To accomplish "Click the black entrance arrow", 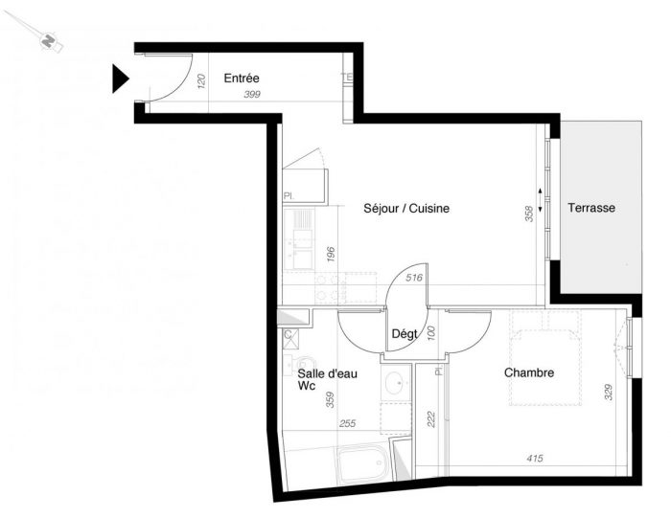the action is (120, 79).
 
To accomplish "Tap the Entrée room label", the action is (242, 79).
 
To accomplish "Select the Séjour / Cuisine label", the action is (406, 208).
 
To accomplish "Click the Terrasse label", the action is (591, 208).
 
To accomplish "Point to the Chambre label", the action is (529, 372).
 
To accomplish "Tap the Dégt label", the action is (405, 334).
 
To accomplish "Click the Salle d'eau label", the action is (328, 374).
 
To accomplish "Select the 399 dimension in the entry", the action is (252, 95).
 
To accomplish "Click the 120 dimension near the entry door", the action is (202, 81).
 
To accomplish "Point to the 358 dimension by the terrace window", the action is (529, 214).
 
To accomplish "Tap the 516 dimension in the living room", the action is (414, 278).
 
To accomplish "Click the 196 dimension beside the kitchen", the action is (331, 254).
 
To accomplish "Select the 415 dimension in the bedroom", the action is (535, 459).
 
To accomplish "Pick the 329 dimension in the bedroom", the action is (608, 392).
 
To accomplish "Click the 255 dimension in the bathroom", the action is (347, 423).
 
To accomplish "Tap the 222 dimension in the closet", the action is (431, 419).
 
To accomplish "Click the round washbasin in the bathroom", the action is (395, 383).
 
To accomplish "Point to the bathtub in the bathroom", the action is (363, 463).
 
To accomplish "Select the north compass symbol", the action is (49, 41).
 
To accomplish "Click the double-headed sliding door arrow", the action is (540, 200).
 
